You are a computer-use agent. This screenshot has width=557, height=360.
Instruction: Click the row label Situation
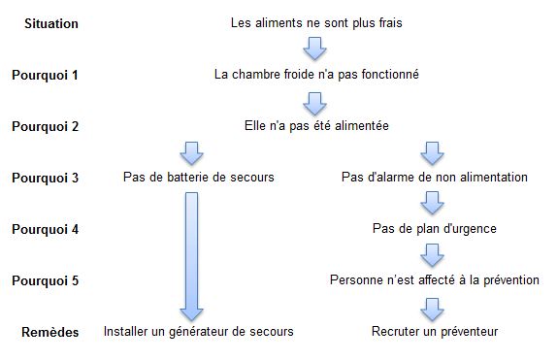pyautogui.click(x=50, y=21)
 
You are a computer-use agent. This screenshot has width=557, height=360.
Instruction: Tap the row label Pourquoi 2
pyautogui.click(x=45, y=125)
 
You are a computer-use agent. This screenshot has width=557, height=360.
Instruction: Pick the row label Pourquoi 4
pyautogui.click(x=45, y=229)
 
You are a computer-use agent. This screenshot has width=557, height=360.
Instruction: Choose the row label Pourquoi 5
pyautogui.click(x=45, y=280)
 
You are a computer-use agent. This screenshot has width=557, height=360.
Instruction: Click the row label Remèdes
pyautogui.click(x=50, y=332)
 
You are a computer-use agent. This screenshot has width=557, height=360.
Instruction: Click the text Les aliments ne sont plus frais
pyautogui.click(x=316, y=21)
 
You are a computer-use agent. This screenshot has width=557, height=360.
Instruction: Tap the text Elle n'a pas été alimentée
pyautogui.click(x=316, y=125)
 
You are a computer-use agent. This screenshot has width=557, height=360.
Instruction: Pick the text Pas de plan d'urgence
pyautogui.click(x=434, y=229)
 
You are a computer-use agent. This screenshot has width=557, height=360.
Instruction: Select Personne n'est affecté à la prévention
pyautogui.click(x=434, y=280)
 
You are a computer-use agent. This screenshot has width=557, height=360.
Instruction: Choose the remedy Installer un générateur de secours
pyautogui.click(x=198, y=332)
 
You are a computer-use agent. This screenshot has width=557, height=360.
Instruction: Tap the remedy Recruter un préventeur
pyautogui.click(x=434, y=332)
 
